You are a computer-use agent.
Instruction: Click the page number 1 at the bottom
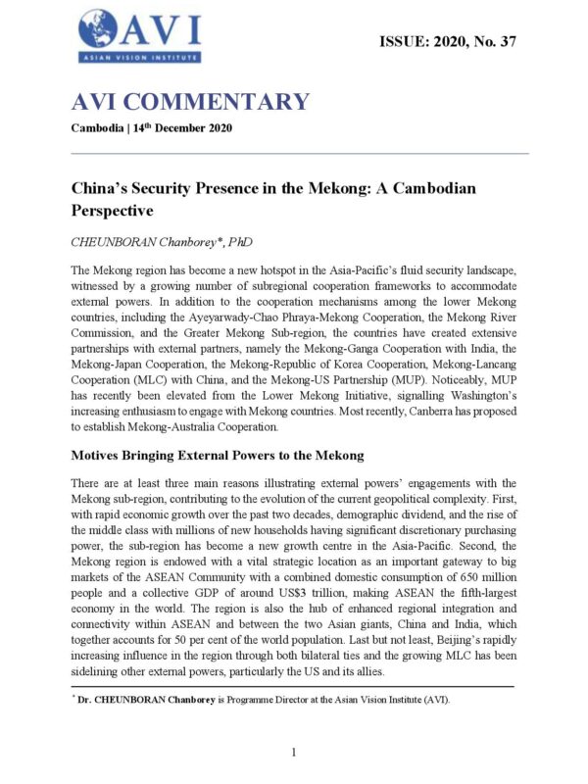[x=294, y=752]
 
